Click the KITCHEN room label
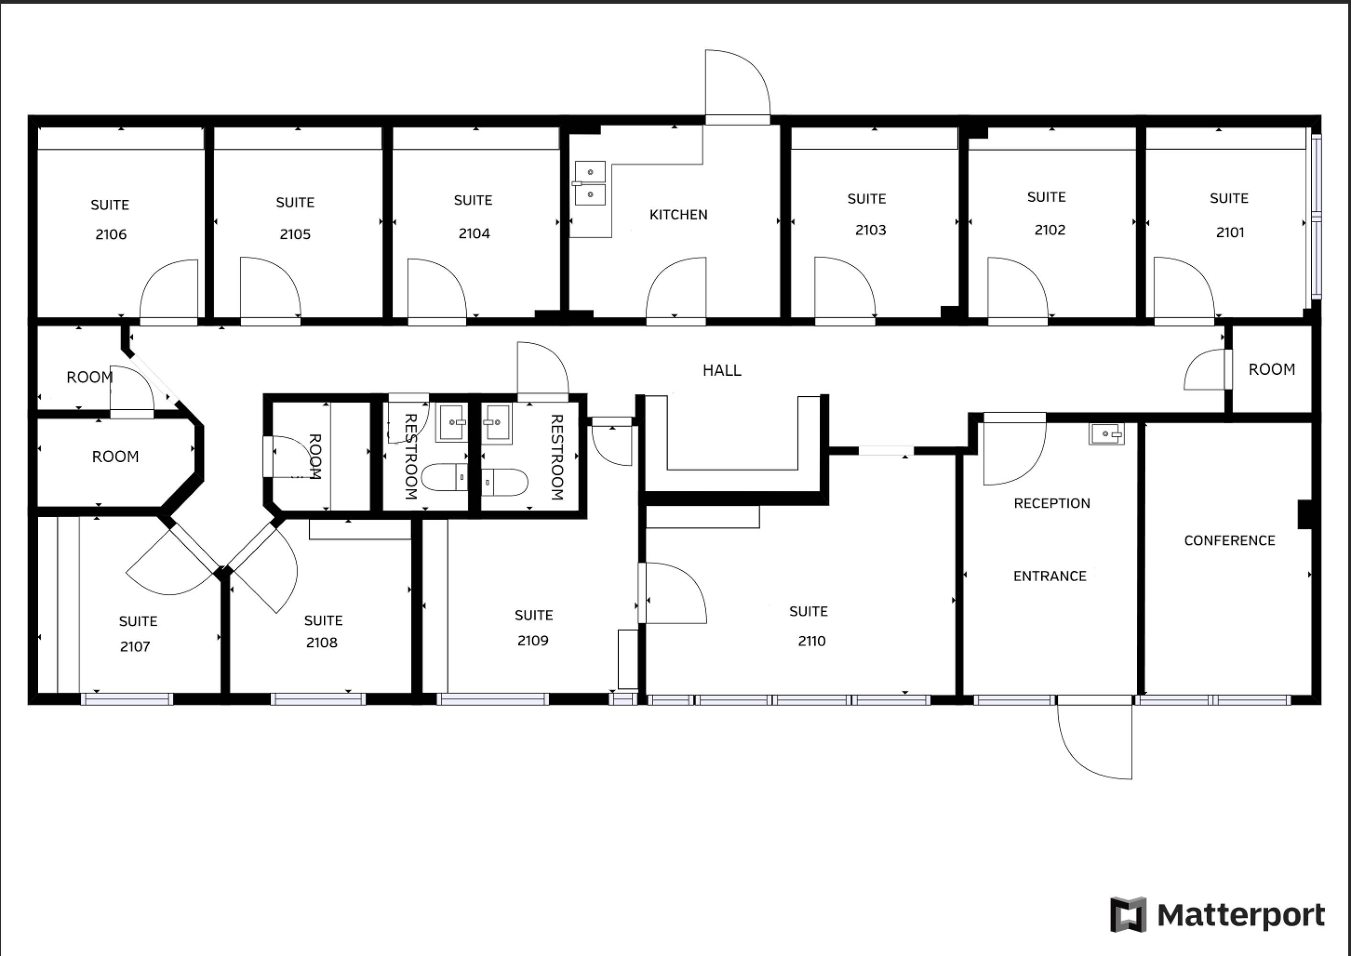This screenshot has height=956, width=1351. coord(679,215)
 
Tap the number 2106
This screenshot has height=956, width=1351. coord(111,234)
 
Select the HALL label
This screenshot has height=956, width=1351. coord(722,370)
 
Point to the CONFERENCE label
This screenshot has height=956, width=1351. coord(1230,541)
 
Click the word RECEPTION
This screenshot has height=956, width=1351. coord(1052,503)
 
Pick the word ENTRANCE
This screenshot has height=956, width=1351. coord(1050,576)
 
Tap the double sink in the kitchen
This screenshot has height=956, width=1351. coord(590,183)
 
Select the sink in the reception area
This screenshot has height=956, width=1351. coord(1107,434)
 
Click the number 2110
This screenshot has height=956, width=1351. coord(812,641)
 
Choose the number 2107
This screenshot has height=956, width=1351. coord(135,647)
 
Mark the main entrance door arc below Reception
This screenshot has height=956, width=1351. coord(1078,763)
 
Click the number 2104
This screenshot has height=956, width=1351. coord(474,234)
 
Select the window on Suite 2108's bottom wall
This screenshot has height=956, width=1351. coord(318,699)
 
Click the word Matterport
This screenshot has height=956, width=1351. coord(1241,915)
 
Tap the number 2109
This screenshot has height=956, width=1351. coord(533,641)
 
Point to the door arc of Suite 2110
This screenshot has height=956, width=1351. coord(689,579)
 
